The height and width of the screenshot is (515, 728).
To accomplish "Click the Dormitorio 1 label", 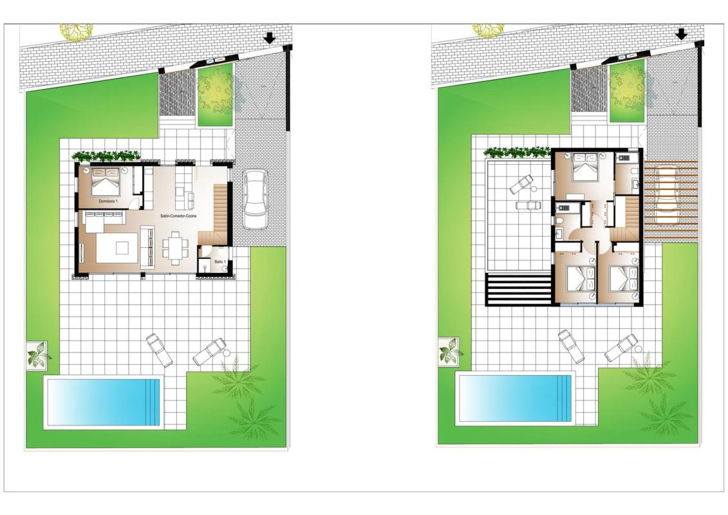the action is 108,202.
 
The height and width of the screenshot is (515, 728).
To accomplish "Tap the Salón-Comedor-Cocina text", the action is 178,216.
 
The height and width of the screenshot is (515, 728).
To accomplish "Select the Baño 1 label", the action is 219,262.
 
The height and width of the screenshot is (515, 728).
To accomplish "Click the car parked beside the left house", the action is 255,199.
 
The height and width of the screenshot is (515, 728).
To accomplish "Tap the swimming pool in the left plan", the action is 102,402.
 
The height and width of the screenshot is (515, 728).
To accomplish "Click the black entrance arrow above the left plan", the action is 270,38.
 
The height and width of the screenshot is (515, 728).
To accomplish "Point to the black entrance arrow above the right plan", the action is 681,34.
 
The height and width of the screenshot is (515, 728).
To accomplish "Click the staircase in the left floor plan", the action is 214,213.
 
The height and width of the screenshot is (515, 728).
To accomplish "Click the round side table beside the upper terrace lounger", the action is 534,189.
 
